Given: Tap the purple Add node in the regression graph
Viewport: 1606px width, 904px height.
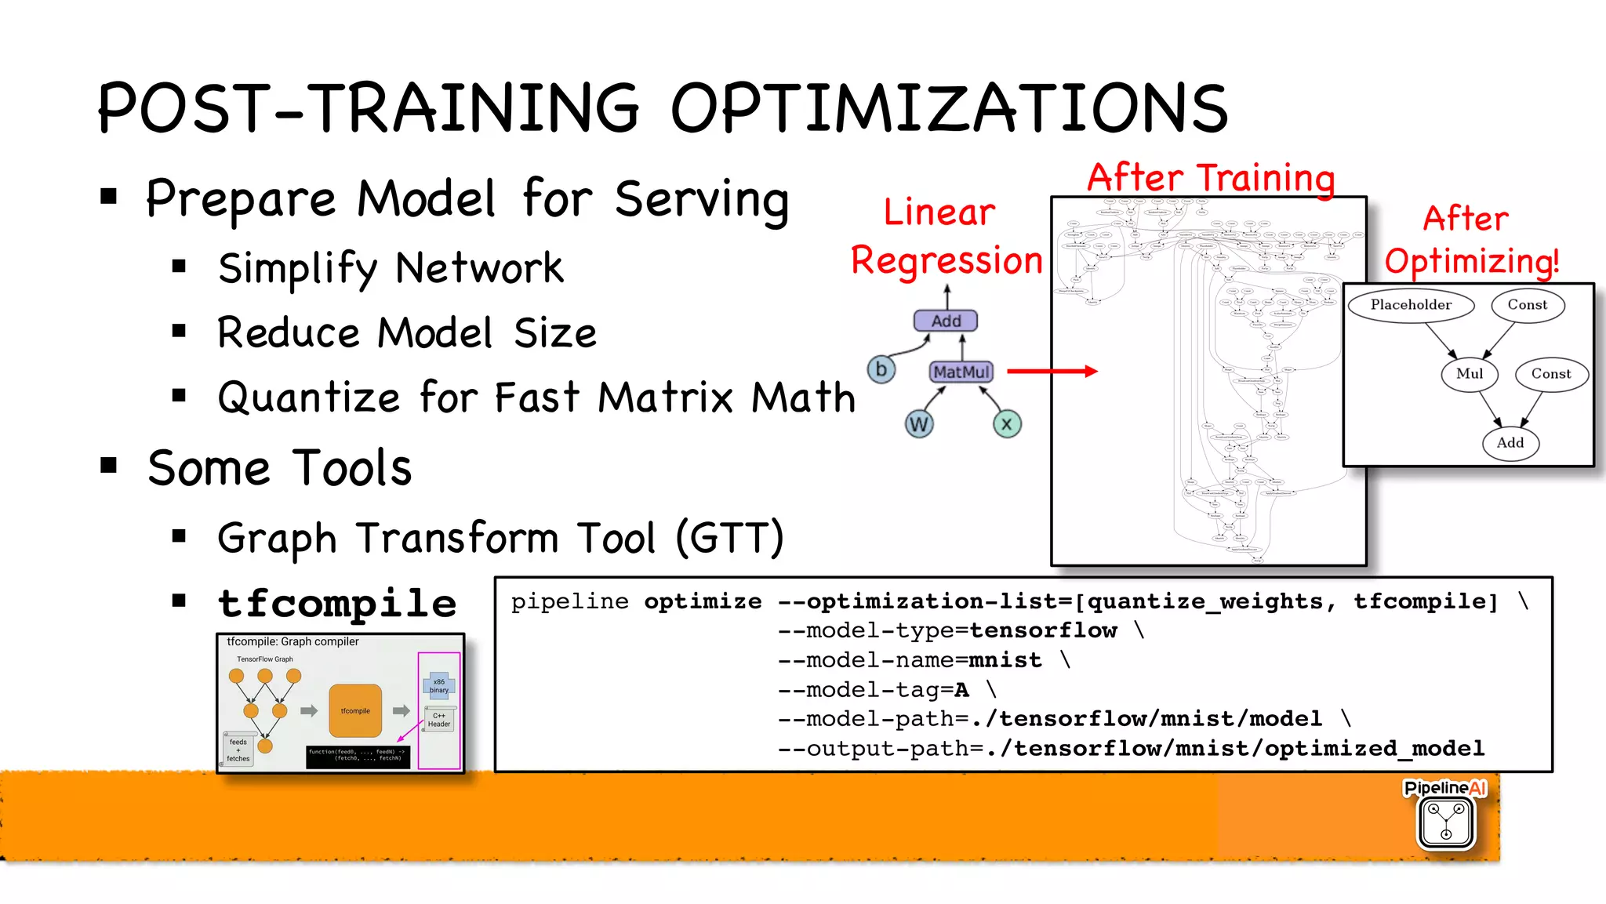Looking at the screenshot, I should (946, 321).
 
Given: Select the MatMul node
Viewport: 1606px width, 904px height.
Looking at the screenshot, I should (961, 372).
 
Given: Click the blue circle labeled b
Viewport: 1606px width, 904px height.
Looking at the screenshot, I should (881, 368).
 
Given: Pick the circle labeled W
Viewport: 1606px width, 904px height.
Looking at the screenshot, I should (918, 424).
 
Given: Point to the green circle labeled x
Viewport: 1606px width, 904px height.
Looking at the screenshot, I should (1007, 424).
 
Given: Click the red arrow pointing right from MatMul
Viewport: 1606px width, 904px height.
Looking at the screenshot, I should (1052, 371).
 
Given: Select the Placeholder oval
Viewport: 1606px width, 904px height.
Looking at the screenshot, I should (1411, 305).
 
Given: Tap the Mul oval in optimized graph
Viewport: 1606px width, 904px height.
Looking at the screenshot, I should (1469, 374).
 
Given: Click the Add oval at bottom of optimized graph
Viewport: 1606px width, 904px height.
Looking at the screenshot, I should (1510, 443).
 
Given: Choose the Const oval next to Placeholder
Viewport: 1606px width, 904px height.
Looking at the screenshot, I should (1528, 305).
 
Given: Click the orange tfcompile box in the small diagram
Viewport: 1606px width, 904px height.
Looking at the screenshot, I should (355, 710).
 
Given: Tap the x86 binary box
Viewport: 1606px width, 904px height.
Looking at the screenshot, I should (439, 686).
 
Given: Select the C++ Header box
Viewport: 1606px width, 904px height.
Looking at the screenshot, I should (439, 720).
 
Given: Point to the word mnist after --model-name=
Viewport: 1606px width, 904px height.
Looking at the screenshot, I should (1005, 660).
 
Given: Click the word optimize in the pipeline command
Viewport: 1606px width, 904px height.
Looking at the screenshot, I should (703, 601).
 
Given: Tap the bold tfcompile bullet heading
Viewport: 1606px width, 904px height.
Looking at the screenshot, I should (337, 604).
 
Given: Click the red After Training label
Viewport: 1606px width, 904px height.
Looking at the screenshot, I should (1211, 177).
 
